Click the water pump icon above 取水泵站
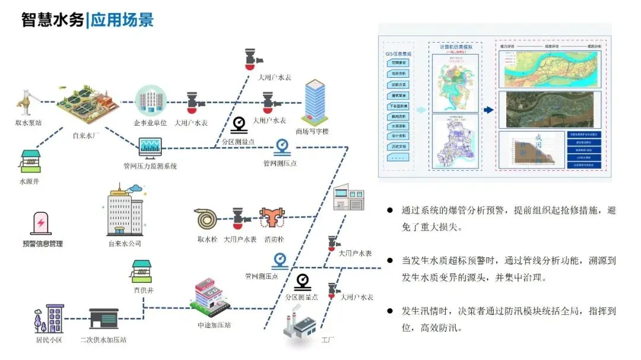coord(26,100)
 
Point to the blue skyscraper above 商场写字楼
coord(315,102)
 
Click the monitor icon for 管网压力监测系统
coord(149,148)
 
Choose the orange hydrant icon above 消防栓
coord(272,219)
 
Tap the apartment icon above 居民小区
coord(49,318)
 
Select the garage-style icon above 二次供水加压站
coord(104,319)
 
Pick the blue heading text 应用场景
coord(122,20)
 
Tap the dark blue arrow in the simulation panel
coord(488,110)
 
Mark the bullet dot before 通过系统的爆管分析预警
coord(389,211)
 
